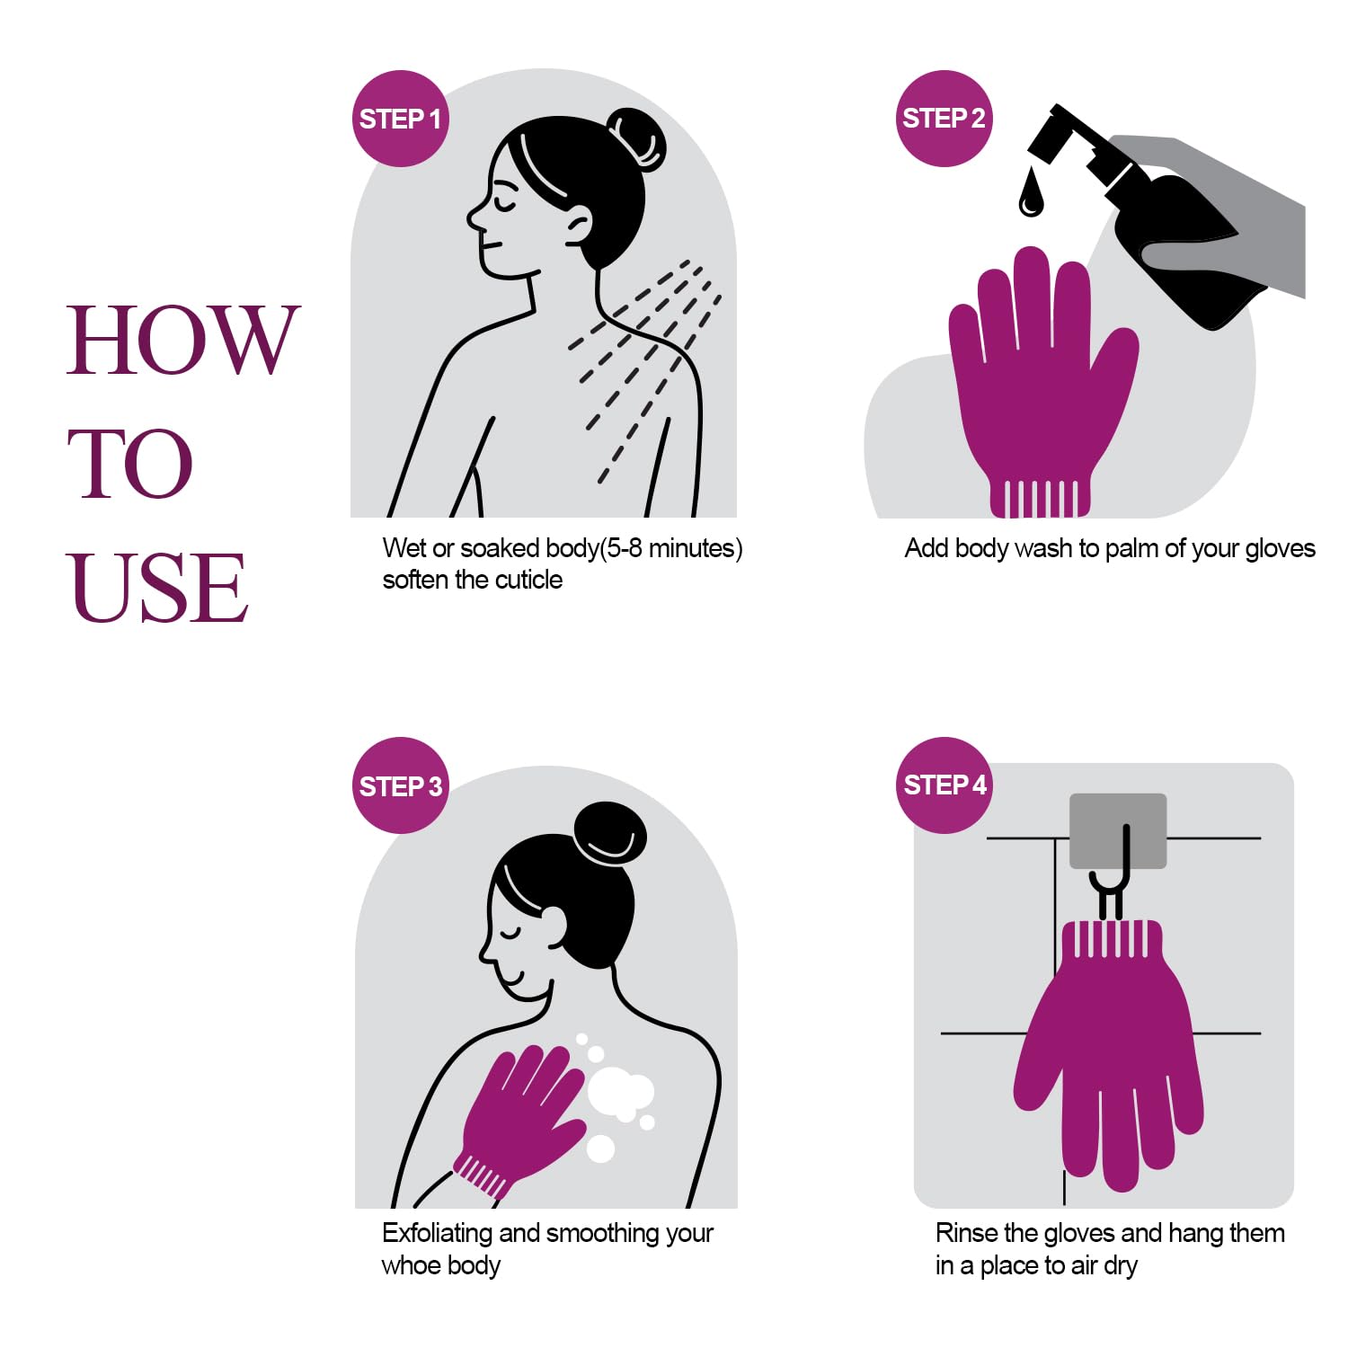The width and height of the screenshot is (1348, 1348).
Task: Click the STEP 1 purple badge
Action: [400, 119]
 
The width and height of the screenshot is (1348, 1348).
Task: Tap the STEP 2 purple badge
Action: [944, 119]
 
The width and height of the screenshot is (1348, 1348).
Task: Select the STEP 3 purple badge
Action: [400, 785]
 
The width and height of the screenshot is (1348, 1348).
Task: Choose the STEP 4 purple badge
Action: [944, 785]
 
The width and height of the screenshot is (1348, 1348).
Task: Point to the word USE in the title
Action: [157, 588]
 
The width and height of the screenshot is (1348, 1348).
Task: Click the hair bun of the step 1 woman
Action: [636, 139]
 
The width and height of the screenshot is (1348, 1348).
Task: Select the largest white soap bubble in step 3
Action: [620, 1092]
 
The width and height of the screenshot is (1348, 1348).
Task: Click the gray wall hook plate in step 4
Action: [1118, 829]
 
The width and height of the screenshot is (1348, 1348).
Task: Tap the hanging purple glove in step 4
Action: [1110, 1051]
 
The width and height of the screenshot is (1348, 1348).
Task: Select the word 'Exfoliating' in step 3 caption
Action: [438, 1233]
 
